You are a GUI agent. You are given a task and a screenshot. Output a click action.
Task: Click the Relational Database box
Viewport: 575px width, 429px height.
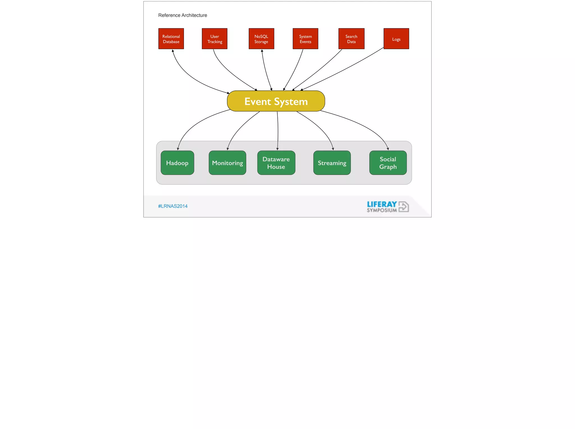pos(171,39)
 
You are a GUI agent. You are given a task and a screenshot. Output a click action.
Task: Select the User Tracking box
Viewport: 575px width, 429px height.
pos(215,39)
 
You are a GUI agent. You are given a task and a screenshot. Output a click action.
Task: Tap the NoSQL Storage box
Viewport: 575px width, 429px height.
pos(261,39)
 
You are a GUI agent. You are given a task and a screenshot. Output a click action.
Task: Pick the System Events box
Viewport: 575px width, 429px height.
pos(305,39)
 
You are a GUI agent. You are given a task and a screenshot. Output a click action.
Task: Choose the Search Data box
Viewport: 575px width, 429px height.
pos(351,39)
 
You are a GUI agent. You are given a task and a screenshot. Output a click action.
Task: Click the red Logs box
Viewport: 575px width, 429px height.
pos(396,39)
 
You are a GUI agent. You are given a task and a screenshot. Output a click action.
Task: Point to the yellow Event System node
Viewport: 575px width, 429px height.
pos(276,101)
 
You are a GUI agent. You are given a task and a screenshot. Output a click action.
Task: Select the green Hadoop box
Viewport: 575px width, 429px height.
pos(177,163)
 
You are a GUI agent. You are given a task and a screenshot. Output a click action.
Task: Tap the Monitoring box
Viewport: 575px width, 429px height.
pos(227,163)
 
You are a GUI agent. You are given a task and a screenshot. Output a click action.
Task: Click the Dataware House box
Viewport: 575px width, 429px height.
pos(276,163)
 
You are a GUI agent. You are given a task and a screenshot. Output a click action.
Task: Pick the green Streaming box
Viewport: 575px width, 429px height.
pos(332,163)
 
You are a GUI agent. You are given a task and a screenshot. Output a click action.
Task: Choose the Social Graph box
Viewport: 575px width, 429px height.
pos(388,163)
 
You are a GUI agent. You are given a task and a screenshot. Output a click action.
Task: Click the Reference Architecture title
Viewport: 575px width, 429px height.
pos(182,15)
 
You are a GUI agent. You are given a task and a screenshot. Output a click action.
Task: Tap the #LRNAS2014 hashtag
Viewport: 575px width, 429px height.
pos(173,206)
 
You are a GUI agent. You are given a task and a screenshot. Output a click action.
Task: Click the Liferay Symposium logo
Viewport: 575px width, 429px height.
pos(387,206)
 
